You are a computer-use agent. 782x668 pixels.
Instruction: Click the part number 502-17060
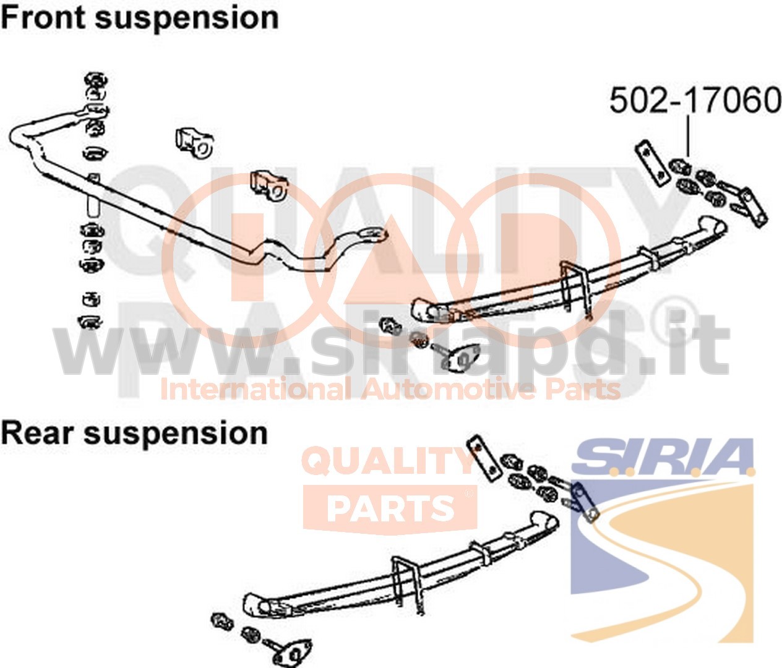pyautogui.click(x=695, y=101)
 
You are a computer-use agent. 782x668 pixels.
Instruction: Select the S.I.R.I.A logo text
pyautogui.click(x=663, y=457)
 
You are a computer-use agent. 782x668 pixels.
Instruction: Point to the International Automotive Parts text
pyautogui.click(x=390, y=389)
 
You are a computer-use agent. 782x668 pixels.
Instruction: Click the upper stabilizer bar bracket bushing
pyautogui.click(x=194, y=143)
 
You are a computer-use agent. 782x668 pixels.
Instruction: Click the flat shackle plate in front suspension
pyautogui.click(x=652, y=163)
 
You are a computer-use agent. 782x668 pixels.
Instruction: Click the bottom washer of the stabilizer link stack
pyautogui.click(x=90, y=322)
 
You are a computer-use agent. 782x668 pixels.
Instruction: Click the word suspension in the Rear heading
pyautogui.click(x=176, y=435)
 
